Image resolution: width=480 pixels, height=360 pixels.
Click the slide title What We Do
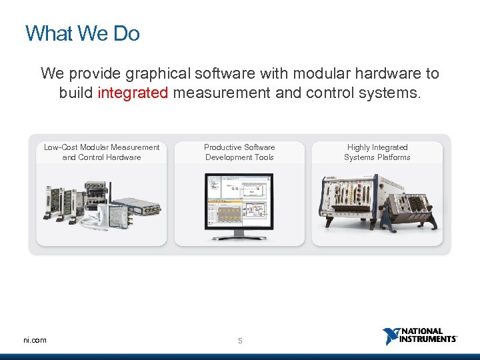coord(82,33)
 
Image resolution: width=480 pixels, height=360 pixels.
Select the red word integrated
coord(133,93)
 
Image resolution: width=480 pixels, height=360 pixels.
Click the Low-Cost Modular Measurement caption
coord(101,152)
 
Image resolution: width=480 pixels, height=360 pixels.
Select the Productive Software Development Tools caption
coord(239,152)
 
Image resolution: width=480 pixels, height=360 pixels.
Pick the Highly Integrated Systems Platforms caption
coord(377,152)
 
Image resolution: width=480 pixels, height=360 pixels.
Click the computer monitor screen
coord(239,199)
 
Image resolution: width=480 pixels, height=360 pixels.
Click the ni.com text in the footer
coord(35,340)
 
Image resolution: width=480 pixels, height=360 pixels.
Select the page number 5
coord(241,341)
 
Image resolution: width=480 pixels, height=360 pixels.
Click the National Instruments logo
coord(420,336)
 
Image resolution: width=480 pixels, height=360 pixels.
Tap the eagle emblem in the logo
coord(391,336)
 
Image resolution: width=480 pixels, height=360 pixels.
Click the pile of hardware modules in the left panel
coord(100,203)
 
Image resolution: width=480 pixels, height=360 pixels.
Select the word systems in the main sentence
coord(395,93)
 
